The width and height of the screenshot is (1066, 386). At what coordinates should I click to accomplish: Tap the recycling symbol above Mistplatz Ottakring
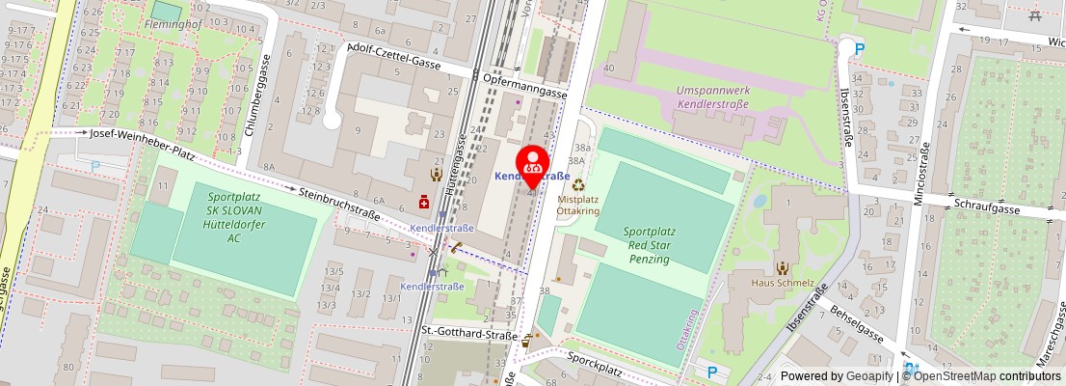click(578, 184)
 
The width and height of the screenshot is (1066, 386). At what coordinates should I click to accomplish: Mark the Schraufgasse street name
click(989, 206)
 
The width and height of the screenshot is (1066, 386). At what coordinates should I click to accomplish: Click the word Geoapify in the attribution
click(869, 376)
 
